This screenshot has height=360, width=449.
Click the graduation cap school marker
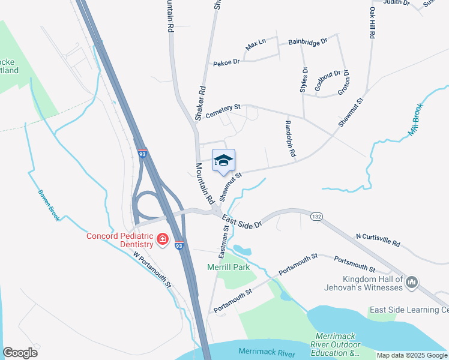point(223,160)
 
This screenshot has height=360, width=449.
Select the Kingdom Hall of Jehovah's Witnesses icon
point(412,282)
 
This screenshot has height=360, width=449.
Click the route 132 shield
point(316,215)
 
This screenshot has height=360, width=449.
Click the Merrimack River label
point(267,351)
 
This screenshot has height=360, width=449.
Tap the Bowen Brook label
point(49,206)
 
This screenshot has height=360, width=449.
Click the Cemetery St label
point(223,111)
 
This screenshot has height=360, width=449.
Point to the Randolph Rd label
point(290,137)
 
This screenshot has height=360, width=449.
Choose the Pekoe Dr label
point(226,62)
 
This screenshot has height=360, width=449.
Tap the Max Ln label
point(255,45)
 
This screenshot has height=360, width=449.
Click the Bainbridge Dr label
point(307,41)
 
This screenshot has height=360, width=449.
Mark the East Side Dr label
point(242,221)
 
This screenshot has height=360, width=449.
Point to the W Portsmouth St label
point(152,268)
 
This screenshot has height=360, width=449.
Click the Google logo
point(20,353)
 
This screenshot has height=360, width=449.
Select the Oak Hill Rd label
point(372,23)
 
